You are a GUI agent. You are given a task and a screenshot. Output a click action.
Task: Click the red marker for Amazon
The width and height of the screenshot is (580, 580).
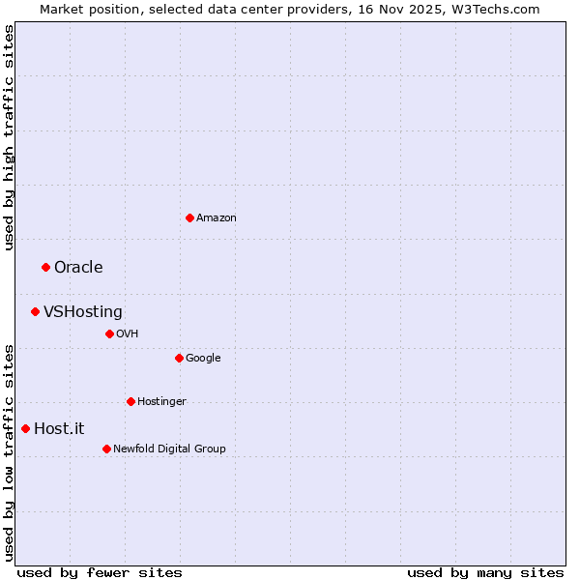[189, 217]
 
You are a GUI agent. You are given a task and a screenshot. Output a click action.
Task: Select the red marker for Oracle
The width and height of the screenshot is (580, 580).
[45, 267]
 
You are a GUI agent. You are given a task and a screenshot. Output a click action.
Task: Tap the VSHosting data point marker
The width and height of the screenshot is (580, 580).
[35, 311]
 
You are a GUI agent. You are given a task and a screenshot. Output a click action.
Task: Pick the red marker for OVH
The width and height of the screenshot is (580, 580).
[109, 333]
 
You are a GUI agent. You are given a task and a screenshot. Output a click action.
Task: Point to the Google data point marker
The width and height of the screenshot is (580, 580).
[179, 358]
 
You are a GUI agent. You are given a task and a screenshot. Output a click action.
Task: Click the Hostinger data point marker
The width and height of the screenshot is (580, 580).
[130, 401]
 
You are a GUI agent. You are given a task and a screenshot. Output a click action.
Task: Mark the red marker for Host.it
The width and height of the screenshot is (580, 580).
[25, 428]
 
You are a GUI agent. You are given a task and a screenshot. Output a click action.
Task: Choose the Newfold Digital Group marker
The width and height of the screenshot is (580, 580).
[106, 449]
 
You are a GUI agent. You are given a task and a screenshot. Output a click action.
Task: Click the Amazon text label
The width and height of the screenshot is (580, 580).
[217, 218]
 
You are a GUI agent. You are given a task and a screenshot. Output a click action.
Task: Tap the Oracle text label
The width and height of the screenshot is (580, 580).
[78, 268]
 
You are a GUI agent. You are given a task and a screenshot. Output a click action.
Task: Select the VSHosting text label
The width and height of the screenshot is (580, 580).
[83, 312]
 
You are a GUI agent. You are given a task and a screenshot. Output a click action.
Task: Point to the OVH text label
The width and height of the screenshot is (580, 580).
[128, 334]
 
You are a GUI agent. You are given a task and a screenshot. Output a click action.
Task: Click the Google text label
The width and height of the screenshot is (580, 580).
[203, 359]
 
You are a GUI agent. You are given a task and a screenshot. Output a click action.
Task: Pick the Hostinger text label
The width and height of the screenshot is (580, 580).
[161, 402]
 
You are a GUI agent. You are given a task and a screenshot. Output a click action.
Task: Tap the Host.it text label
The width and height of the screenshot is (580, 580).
[60, 429]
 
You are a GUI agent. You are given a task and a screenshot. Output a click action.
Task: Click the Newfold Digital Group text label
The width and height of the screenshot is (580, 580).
[169, 449]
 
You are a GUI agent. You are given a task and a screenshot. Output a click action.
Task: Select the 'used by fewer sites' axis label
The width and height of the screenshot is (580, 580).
[100, 572]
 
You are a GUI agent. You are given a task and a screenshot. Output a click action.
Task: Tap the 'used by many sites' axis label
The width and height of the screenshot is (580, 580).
[485, 572]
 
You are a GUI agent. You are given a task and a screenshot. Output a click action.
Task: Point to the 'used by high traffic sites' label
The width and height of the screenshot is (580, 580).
[9, 137]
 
